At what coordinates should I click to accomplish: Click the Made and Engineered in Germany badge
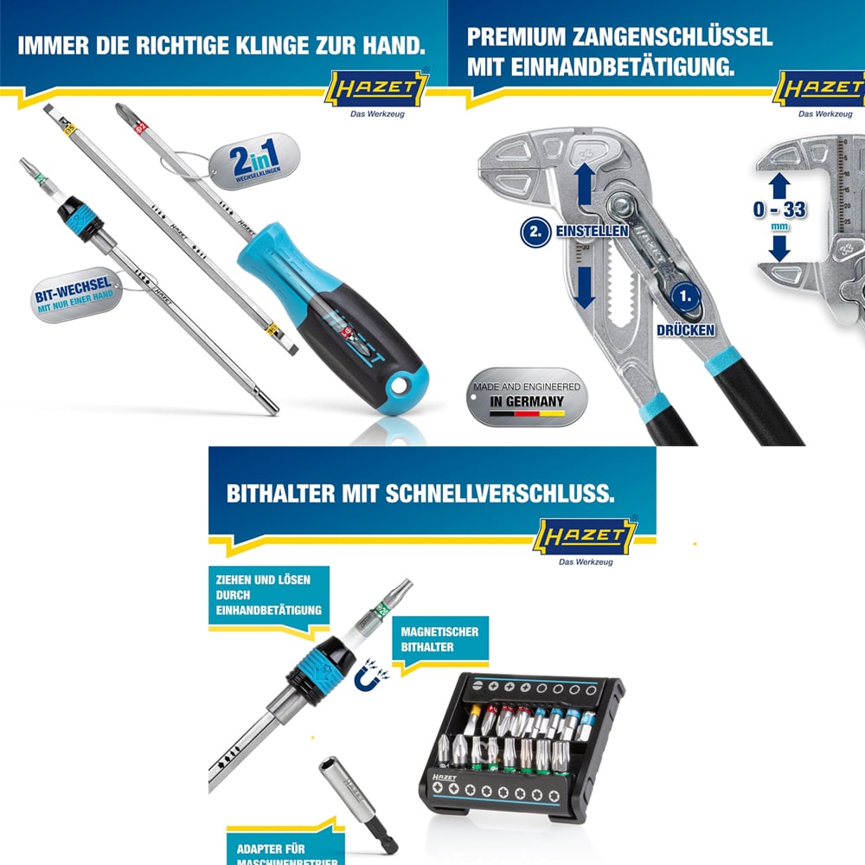tap(525, 394)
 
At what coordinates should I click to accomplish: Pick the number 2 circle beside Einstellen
tap(535, 232)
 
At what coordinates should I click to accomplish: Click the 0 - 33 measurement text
tap(780, 209)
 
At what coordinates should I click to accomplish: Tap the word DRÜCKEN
tap(685, 330)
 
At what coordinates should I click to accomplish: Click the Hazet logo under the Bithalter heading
tap(587, 535)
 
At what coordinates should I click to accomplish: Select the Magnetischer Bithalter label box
tap(439, 639)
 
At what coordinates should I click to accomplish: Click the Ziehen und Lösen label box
tap(265, 595)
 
